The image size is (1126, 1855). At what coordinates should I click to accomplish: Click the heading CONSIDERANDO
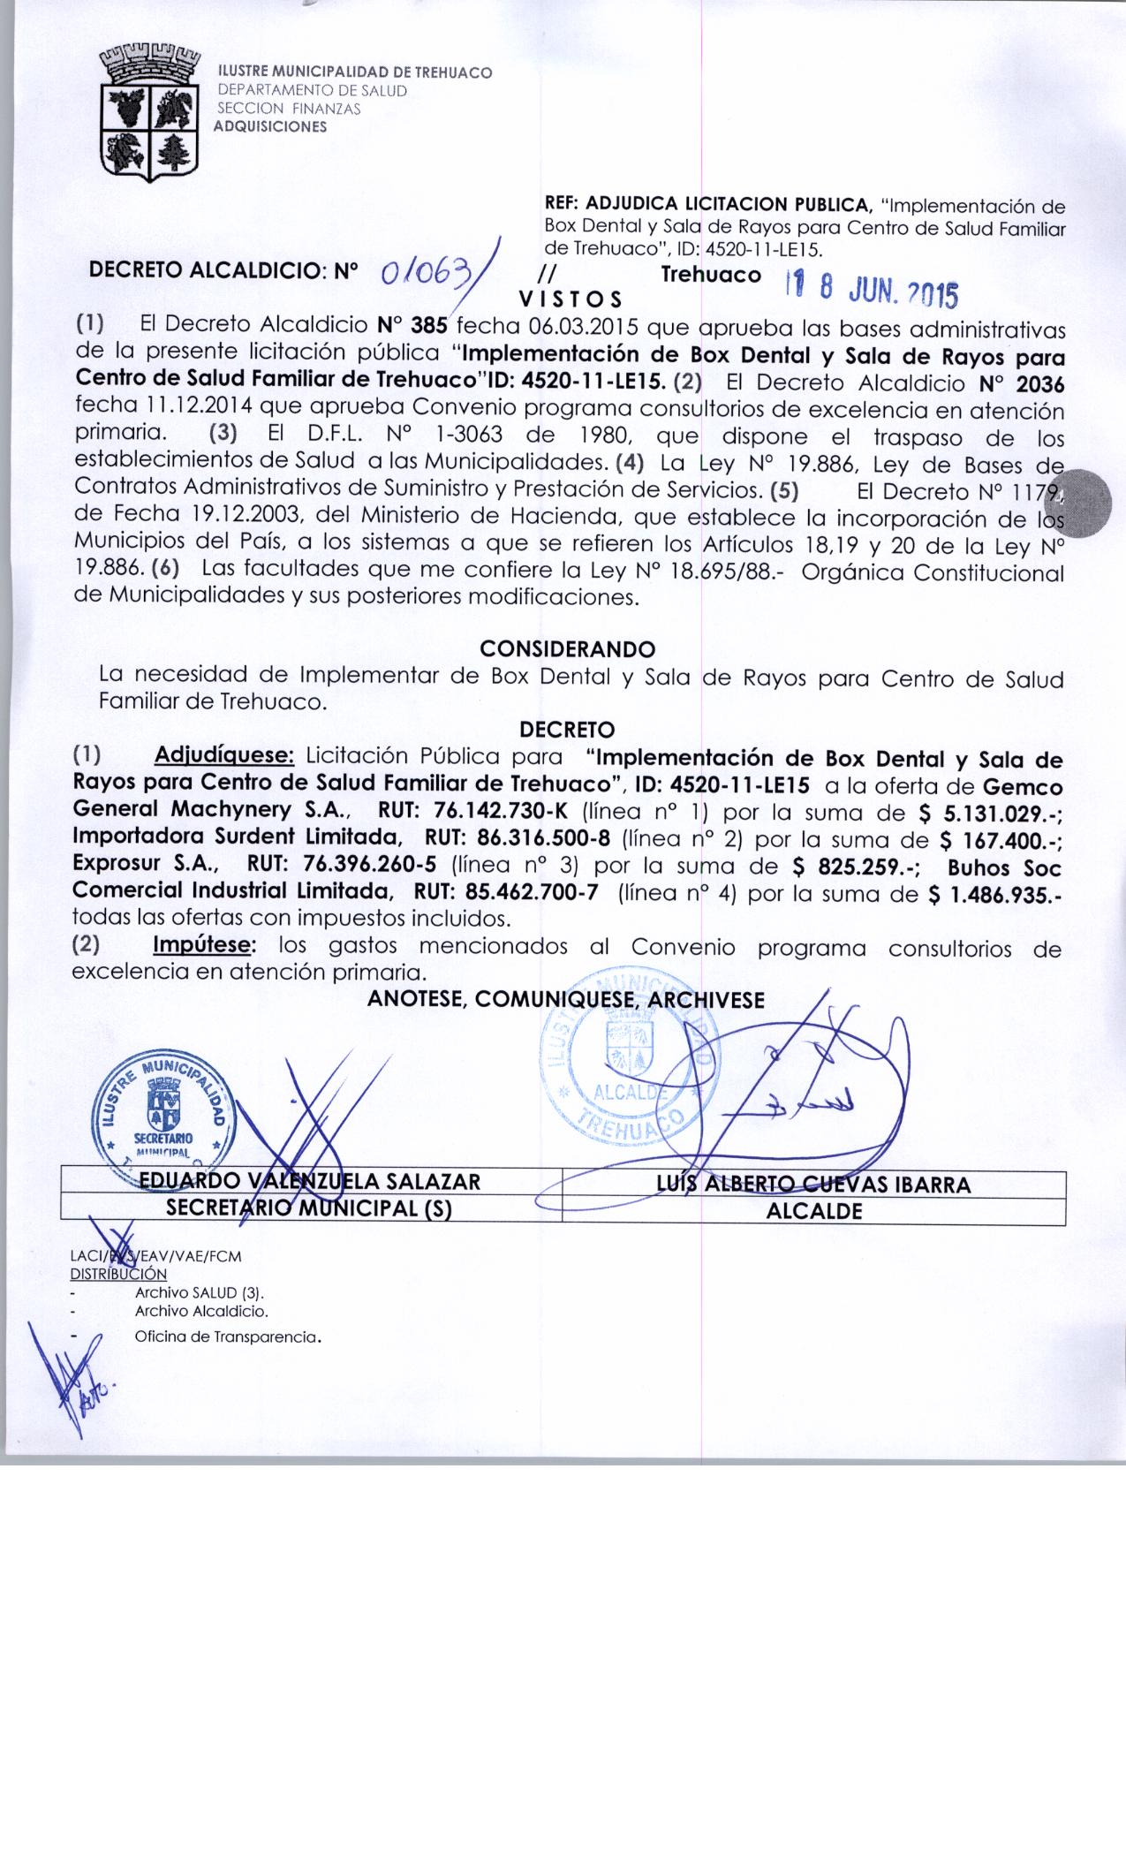click(x=567, y=649)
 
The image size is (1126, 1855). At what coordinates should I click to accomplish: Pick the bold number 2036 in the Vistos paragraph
click(x=1040, y=383)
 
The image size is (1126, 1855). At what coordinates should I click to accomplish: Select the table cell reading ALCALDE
click(x=813, y=1211)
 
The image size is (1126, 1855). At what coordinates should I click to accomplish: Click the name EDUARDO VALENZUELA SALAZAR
click(x=304, y=1183)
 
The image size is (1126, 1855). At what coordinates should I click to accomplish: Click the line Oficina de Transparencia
click(x=226, y=1337)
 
